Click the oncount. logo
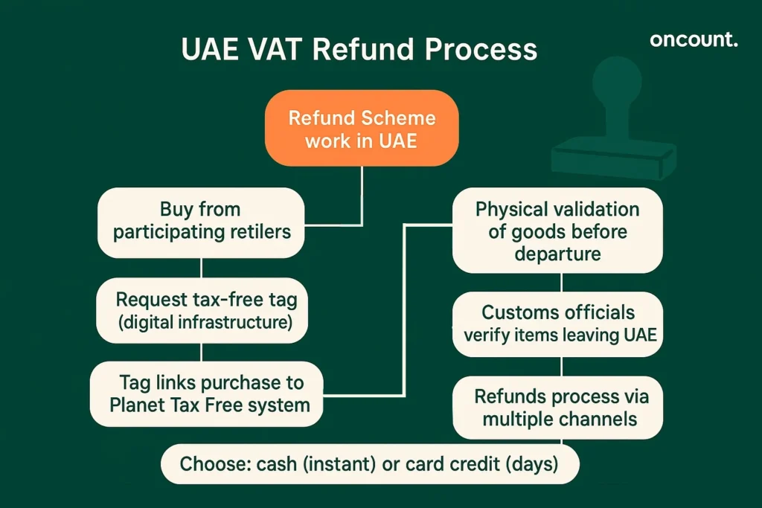(694, 39)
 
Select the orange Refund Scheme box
(362, 129)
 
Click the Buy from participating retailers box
(201, 221)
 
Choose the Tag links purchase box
(206, 393)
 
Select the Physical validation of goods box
(557, 231)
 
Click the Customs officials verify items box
(560, 323)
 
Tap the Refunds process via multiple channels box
(560, 407)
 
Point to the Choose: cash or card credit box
(369, 465)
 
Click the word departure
(557, 254)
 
